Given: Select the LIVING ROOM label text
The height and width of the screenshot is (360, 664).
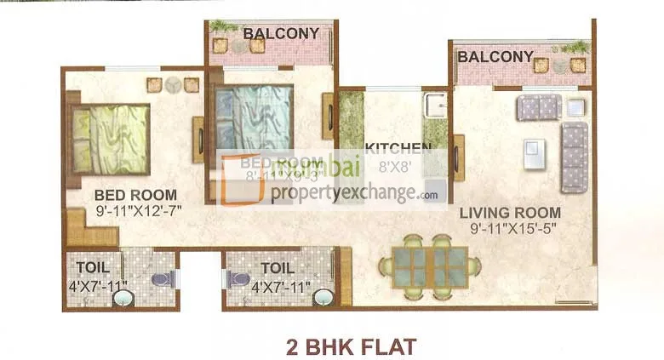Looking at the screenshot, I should pos(510,213).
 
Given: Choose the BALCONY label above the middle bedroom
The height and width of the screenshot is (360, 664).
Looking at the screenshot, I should pos(281,34).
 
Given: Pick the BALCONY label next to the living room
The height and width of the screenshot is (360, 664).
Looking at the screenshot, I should pos(495,57).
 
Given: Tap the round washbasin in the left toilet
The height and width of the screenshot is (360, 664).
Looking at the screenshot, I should pos(124,298).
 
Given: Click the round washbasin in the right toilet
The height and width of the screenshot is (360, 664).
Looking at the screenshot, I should pos(322,298).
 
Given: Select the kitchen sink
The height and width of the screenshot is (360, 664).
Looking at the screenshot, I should pos(436,107).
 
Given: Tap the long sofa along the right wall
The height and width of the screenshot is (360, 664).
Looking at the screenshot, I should pos(575,157).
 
